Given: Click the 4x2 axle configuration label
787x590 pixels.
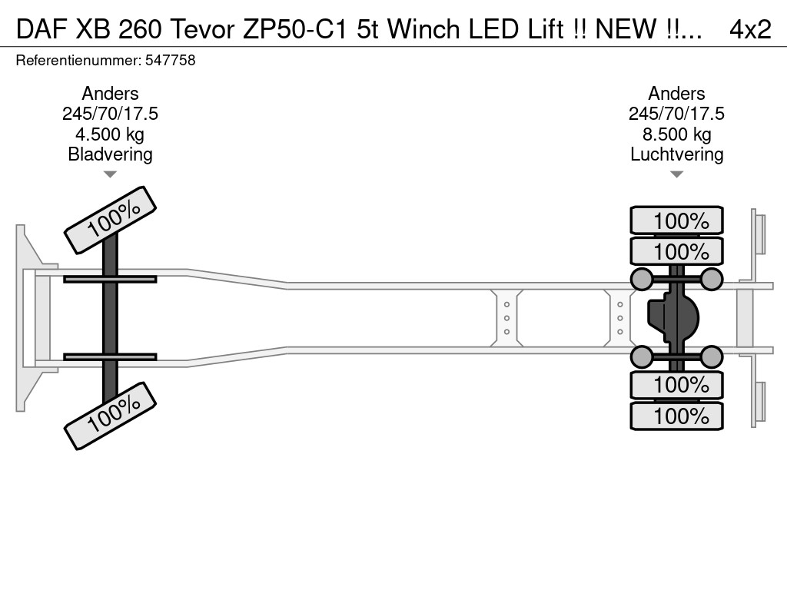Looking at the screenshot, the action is click(750, 30).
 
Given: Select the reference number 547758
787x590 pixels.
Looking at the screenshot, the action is click(170, 60).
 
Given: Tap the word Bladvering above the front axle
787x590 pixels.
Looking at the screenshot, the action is click(110, 154).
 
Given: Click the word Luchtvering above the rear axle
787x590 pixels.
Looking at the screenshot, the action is click(676, 154).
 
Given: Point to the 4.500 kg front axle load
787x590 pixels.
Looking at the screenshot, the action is click(110, 134).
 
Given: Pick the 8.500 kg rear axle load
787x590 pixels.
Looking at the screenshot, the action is click(676, 134).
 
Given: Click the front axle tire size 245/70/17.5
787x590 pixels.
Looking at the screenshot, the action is click(110, 114).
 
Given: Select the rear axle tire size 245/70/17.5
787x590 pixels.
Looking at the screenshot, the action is click(676, 114).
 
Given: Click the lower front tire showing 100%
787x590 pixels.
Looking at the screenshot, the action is click(111, 416).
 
